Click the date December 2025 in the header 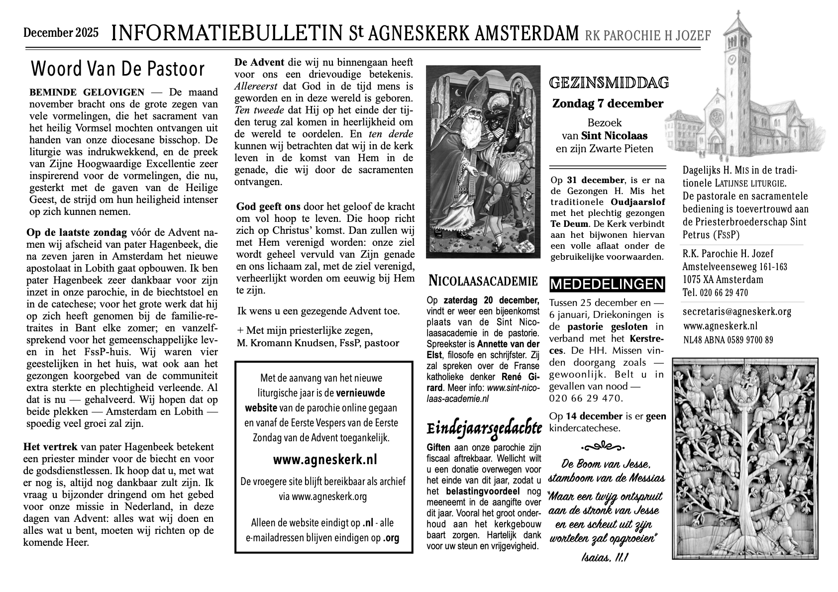(x=61, y=33)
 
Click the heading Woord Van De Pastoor (x=117, y=69)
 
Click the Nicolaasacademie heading (x=483, y=282)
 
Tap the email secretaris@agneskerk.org (x=736, y=312)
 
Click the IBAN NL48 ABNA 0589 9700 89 (x=728, y=340)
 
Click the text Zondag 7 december (x=608, y=104)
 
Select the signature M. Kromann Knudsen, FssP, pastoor (x=318, y=343)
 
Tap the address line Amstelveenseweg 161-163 (x=734, y=267)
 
